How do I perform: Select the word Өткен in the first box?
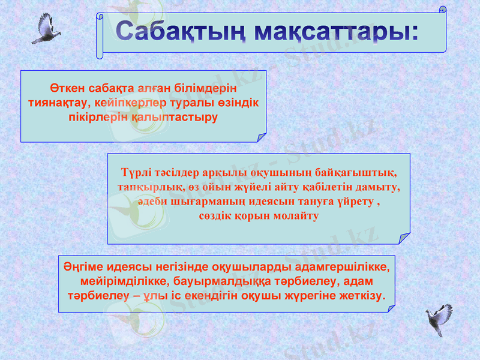[x=65, y=88]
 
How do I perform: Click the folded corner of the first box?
[x=262, y=137]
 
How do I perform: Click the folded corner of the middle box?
[x=405, y=239]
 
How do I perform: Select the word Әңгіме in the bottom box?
[x=83, y=266]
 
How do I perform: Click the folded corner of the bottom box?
[x=391, y=308]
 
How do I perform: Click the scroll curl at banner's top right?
[x=443, y=10]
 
